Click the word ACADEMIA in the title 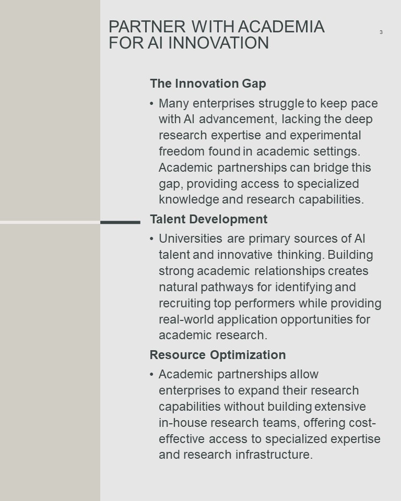tap(281, 27)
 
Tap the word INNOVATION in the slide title tap(218, 43)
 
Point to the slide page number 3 tap(381, 32)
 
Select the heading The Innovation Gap tap(208, 83)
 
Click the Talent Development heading tap(208, 219)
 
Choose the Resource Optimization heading tap(218, 355)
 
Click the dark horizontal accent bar tap(120, 222)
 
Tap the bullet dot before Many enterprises tap(151, 103)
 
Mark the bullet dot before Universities tap(151, 238)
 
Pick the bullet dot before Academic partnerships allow tap(151, 375)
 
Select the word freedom tap(182, 151)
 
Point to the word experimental tap(325, 136)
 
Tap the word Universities tap(191, 238)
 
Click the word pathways tap(227, 287)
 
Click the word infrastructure tap(274, 455)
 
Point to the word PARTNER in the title tap(147, 27)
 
